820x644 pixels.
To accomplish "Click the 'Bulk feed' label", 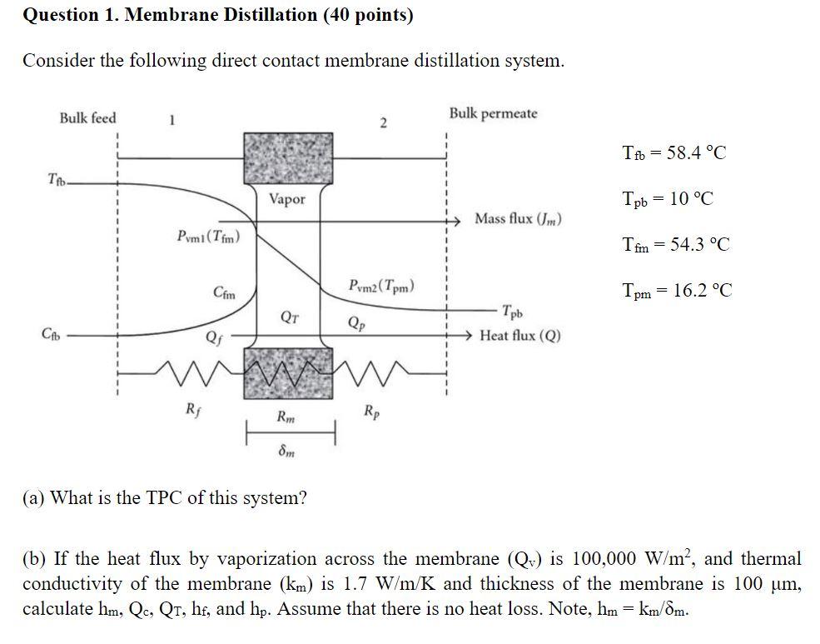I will click(x=87, y=118).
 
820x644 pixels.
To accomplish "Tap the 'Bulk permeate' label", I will click(x=494, y=113).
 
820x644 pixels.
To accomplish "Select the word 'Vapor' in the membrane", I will click(x=287, y=199).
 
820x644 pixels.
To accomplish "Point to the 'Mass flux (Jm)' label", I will click(x=518, y=219).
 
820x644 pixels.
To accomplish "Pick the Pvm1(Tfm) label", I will click(x=208, y=237).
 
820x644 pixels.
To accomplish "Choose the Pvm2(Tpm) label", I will click(x=382, y=287).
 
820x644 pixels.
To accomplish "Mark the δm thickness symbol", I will click(x=286, y=452).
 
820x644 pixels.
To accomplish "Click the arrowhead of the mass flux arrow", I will click(x=455, y=220).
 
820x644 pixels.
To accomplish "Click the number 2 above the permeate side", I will click(x=383, y=124).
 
